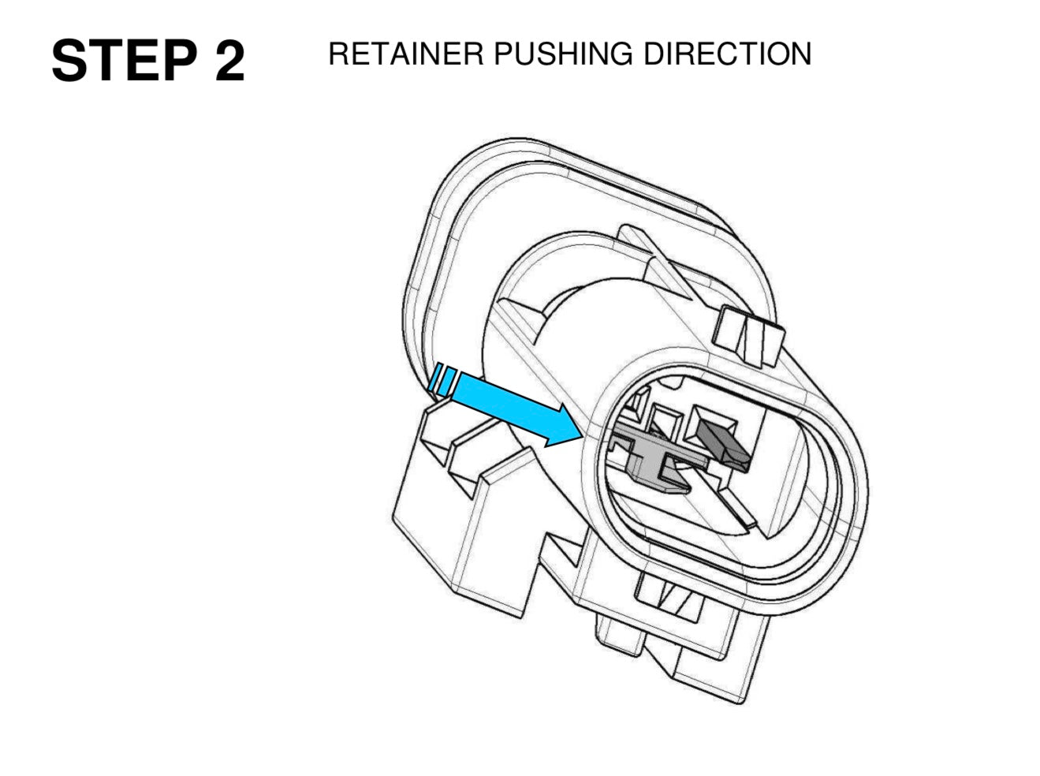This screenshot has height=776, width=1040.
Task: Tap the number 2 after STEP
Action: [x=229, y=61]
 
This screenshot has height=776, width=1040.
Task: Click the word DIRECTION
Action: [x=728, y=54]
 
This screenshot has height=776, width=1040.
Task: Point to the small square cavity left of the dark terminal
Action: [x=663, y=416]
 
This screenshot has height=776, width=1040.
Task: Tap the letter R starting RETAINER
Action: [x=340, y=54]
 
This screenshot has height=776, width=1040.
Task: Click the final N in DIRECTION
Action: [x=800, y=54]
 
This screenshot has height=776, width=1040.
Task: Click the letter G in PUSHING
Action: [x=621, y=54]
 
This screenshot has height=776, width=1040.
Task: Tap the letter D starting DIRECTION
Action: [x=654, y=54]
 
